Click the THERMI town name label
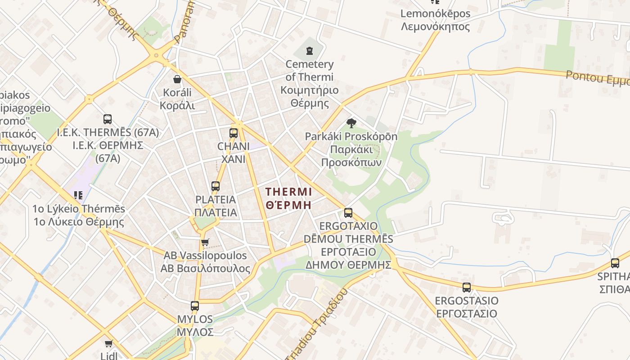pos(288,192)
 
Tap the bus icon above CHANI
pos(233,133)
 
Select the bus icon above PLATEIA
pos(216,186)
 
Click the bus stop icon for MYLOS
pos(194,306)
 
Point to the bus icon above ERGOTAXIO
pos(348,213)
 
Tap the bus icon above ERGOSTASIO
pos(466,287)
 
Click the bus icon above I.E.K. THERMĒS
pos(108,119)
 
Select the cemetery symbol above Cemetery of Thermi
pos(310,50)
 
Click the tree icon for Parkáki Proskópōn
pos(351,123)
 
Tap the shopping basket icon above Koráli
pos(177,79)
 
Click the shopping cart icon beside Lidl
pos(108,344)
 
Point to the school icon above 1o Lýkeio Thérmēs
pos(79,195)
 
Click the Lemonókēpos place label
pos(435,13)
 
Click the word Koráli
pos(177,93)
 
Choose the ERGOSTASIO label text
pos(466,301)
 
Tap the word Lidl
pos(108,355)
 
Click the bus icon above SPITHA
pos(615,263)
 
